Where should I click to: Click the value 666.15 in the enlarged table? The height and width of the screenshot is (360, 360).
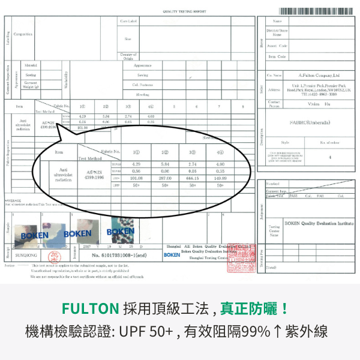coord(193,178)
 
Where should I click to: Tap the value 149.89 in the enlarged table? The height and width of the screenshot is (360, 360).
coord(221,178)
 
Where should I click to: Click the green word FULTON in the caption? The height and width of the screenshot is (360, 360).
coord(82,309)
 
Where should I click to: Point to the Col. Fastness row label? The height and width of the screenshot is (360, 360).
coord(142,85)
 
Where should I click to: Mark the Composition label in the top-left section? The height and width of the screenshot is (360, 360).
coord(23,34)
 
